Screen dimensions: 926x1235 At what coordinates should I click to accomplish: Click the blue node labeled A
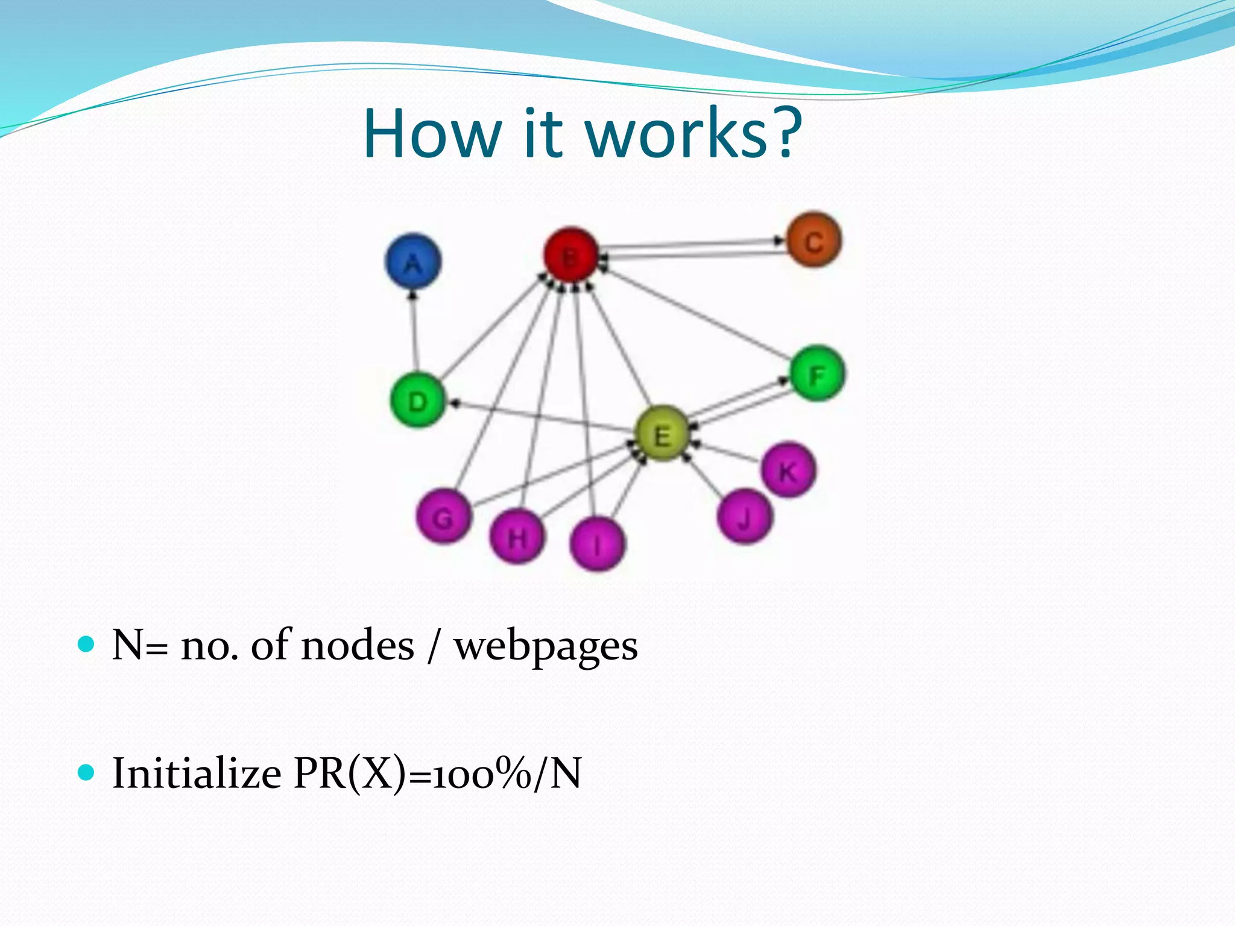pos(413,262)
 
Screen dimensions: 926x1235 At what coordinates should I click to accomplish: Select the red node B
pos(570,256)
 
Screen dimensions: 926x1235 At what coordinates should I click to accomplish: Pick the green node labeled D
pos(418,401)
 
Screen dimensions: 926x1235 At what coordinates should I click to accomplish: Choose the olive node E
pos(662,434)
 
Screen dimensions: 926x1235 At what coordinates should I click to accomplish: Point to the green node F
pos(817,374)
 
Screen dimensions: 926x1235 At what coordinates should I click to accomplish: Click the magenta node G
pos(444,517)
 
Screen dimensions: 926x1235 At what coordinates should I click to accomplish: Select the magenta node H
pos(517,536)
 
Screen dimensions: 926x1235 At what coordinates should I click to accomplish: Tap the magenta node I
pos(597,544)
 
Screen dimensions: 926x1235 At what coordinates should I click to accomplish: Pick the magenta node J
pos(745,517)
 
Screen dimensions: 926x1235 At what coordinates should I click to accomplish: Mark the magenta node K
pos(788,470)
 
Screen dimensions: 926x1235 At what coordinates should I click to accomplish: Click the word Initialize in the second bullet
pos(197,773)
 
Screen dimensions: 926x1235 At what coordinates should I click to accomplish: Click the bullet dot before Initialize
pos(87,772)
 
